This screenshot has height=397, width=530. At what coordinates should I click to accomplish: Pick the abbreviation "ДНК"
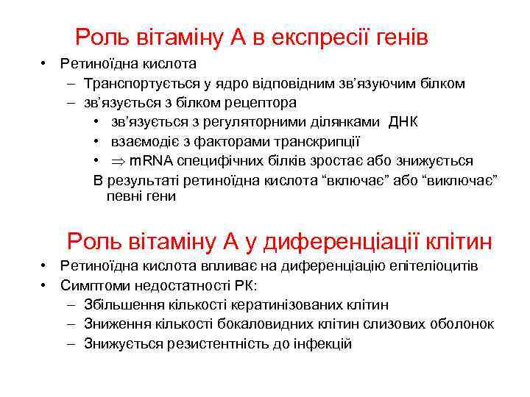pos(403,121)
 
